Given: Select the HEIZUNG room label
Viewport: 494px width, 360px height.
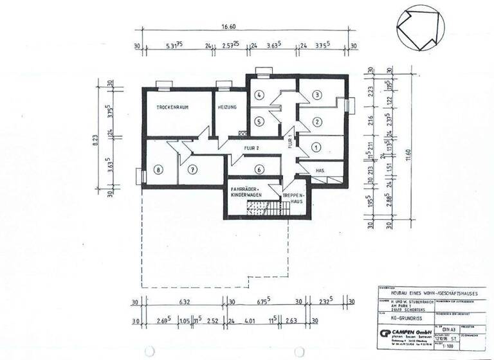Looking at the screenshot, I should coord(228,107).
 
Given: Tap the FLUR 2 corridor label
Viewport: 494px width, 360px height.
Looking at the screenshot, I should coord(251,147).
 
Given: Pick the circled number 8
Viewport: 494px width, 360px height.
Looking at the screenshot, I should coord(160,170).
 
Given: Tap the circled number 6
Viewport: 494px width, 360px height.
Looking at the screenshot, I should coord(259,170).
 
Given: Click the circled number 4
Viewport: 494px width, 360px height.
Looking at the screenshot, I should coord(259,95).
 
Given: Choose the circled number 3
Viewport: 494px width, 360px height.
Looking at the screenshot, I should coord(316,95).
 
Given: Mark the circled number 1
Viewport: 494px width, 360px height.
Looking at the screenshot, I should coord(315,147).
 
